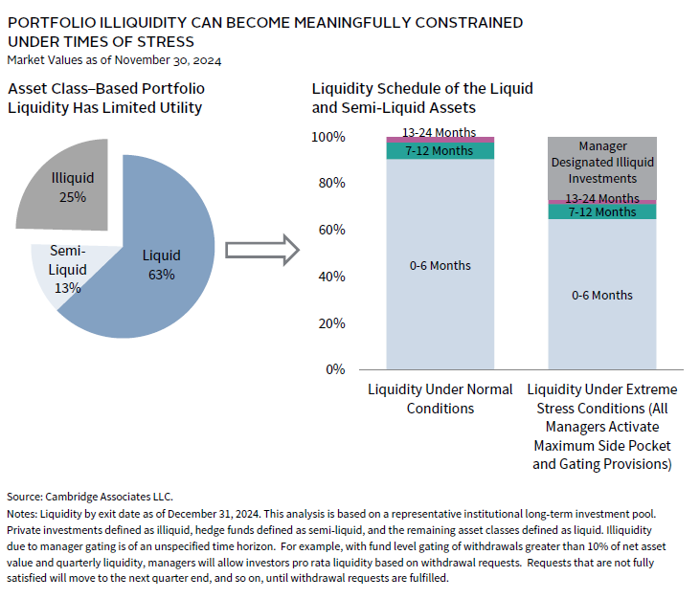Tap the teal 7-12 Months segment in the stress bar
pyautogui.click(x=601, y=211)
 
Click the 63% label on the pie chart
pyautogui.click(x=161, y=275)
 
